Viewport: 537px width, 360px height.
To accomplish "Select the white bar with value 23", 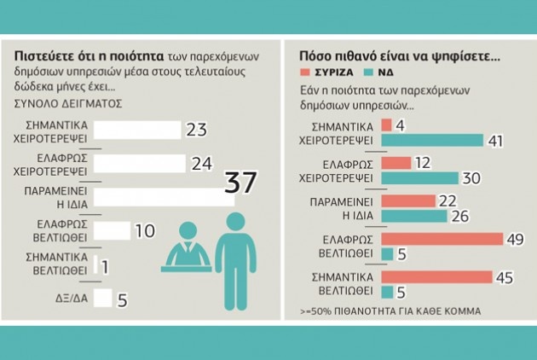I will (137, 130).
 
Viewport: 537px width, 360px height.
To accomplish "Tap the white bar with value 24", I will (139, 163).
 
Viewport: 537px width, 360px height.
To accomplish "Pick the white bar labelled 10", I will (111, 230).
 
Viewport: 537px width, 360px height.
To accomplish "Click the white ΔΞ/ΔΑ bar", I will (103, 298).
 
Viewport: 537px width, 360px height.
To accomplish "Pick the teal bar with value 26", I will (414, 216).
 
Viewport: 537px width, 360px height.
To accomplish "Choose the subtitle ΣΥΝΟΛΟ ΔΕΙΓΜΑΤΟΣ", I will (68, 103).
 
